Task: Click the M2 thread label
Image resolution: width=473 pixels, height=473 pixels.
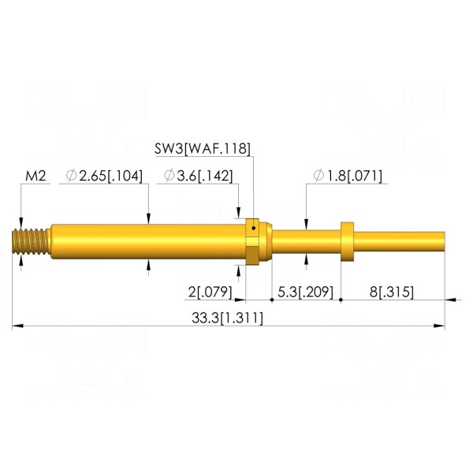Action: click(35, 176)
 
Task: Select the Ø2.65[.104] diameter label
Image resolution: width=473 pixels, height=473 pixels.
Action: click(104, 176)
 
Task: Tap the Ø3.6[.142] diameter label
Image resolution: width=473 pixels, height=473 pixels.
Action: click(199, 176)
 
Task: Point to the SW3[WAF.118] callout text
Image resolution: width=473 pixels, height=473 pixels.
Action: click(203, 149)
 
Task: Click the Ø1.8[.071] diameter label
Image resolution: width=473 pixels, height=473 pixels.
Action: click(348, 176)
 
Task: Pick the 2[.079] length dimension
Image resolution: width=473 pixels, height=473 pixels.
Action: click(210, 292)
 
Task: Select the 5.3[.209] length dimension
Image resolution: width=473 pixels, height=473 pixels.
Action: click(305, 292)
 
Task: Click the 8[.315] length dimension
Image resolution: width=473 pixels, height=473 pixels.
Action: click(392, 292)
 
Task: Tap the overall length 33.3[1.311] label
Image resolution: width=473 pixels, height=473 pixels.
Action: click(227, 318)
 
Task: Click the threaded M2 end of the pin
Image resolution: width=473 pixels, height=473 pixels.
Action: click(31, 242)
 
